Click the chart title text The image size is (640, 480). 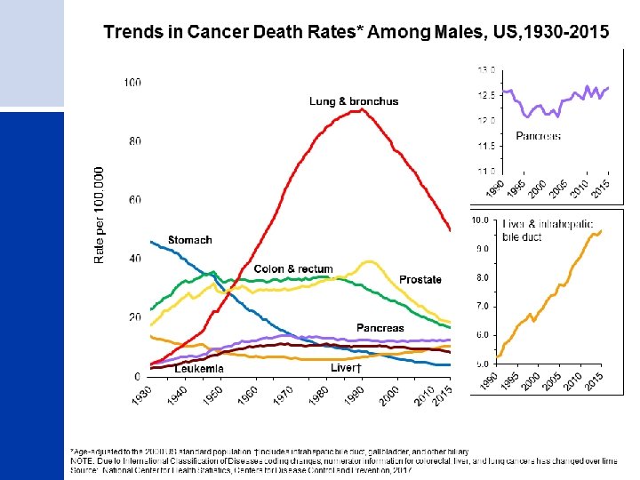(x=356, y=33)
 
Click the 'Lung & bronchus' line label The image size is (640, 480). (x=354, y=101)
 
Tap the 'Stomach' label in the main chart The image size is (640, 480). (x=190, y=240)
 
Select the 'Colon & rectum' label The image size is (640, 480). (x=292, y=269)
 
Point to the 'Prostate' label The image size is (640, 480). (x=420, y=280)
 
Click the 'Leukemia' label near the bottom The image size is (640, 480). (x=199, y=368)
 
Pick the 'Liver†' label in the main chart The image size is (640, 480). (x=348, y=368)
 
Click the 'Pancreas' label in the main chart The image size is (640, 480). (x=380, y=328)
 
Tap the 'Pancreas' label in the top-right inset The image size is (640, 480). (x=539, y=137)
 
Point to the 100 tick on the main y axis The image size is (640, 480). (x=132, y=83)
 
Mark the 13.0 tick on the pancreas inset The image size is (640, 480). (x=486, y=68)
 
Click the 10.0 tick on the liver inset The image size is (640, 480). (x=481, y=219)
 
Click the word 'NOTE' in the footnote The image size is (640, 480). (x=83, y=463)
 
